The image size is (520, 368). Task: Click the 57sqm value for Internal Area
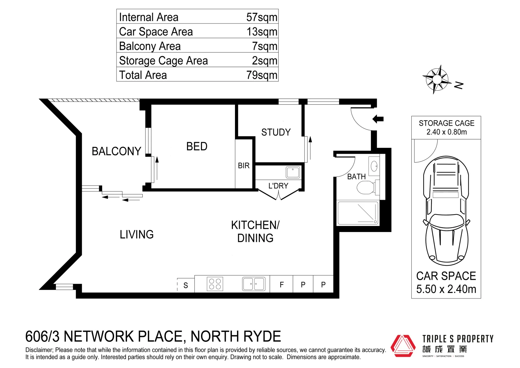click(262, 17)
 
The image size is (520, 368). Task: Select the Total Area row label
click(143, 75)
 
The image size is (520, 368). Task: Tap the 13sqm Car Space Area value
click(262, 32)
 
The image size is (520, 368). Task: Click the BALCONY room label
click(116, 151)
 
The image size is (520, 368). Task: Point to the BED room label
click(196, 147)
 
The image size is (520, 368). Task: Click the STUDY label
click(276, 132)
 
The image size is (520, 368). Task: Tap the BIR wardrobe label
click(243, 166)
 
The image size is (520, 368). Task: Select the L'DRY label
click(278, 186)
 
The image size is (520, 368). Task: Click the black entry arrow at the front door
click(378, 119)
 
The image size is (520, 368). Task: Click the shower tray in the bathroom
click(358, 213)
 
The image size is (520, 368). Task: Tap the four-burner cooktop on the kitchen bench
click(215, 284)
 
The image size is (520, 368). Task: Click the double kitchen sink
click(254, 284)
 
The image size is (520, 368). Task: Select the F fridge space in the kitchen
click(282, 285)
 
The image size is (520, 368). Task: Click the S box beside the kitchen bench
click(186, 285)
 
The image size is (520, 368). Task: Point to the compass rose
click(437, 79)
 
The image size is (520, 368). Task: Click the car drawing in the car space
click(446, 211)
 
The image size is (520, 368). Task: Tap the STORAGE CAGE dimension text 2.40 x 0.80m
click(446, 132)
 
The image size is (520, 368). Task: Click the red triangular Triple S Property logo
click(403, 346)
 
